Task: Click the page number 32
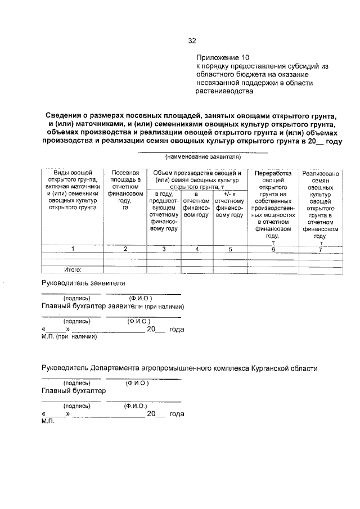tap(192, 41)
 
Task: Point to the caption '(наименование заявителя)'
tap(202, 158)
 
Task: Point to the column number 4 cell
tap(196, 249)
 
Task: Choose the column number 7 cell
tap(320, 249)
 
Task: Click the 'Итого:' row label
tap(74, 270)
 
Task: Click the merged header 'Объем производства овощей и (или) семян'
tap(197, 176)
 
